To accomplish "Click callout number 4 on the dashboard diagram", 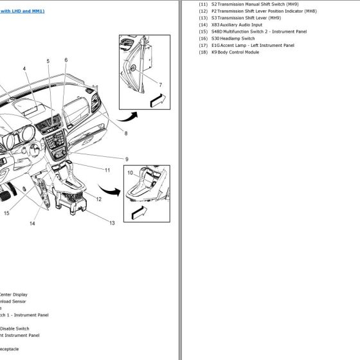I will click(24, 69).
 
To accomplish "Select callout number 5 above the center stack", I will click(48, 61).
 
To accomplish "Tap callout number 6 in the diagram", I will click(66, 60).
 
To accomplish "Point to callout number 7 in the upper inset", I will click(160, 85).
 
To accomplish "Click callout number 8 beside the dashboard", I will click(126, 134).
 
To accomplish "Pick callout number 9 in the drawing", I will click(127, 159).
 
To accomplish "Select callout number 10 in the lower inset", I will click(129, 172).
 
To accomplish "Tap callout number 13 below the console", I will click(111, 222).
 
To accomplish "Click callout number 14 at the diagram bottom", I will click(32, 224).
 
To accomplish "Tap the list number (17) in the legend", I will click(203, 46).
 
